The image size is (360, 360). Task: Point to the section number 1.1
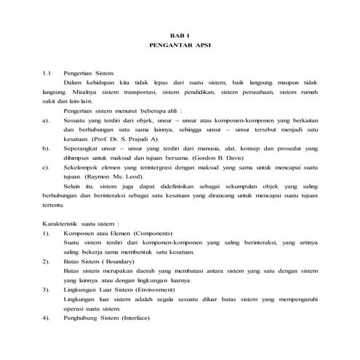coord(48,73)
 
